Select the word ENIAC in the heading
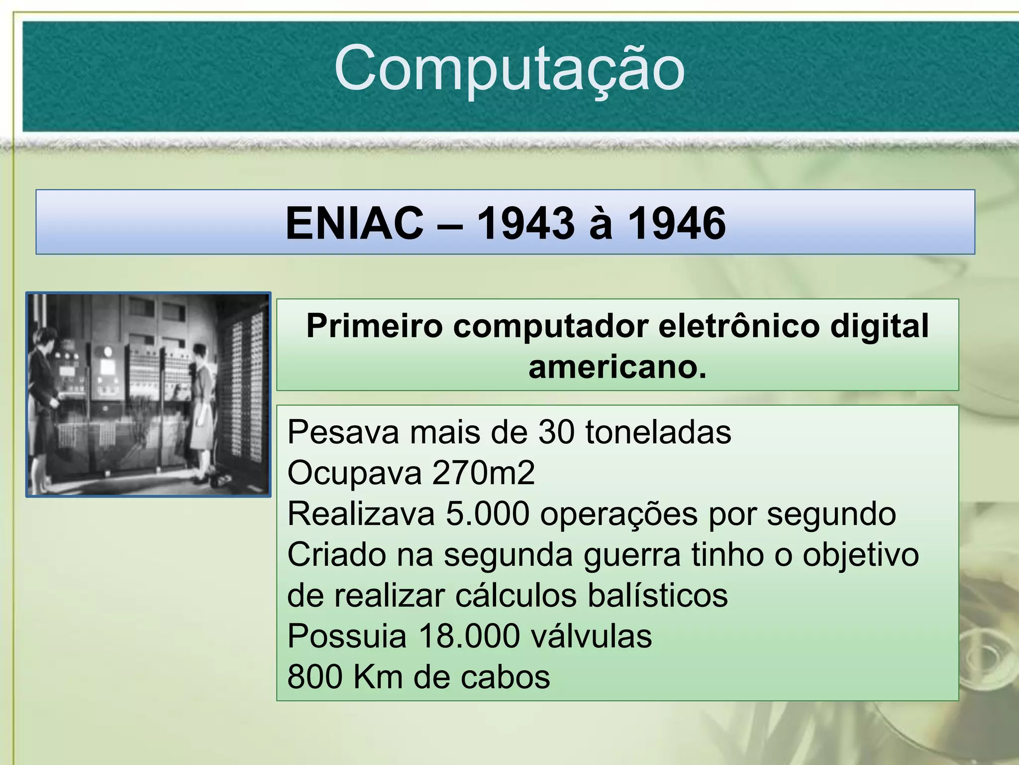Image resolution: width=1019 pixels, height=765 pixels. [x=354, y=224]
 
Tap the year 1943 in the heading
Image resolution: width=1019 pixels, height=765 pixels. [x=525, y=224]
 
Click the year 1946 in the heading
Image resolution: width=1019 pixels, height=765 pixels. [x=677, y=224]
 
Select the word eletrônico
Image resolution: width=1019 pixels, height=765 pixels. [x=739, y=327]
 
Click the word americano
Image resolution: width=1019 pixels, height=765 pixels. [x=617, y=368]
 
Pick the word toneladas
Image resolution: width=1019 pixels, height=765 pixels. [x=658, y=432]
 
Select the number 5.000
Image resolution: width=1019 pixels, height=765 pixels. [x=487, y=514]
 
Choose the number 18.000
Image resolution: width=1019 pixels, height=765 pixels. [x=469, y=637]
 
